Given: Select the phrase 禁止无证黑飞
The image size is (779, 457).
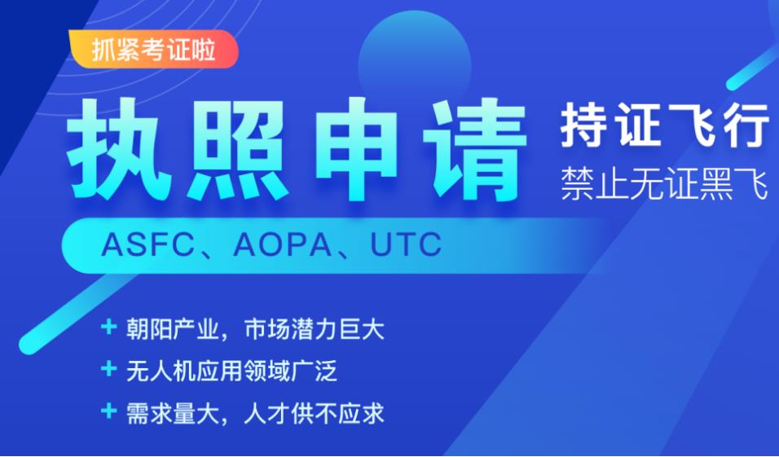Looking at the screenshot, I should [664, 185].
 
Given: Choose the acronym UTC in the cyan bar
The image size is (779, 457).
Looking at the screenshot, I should [406, 244].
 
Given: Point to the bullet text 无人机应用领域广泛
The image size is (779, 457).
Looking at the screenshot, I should [232, 372].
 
